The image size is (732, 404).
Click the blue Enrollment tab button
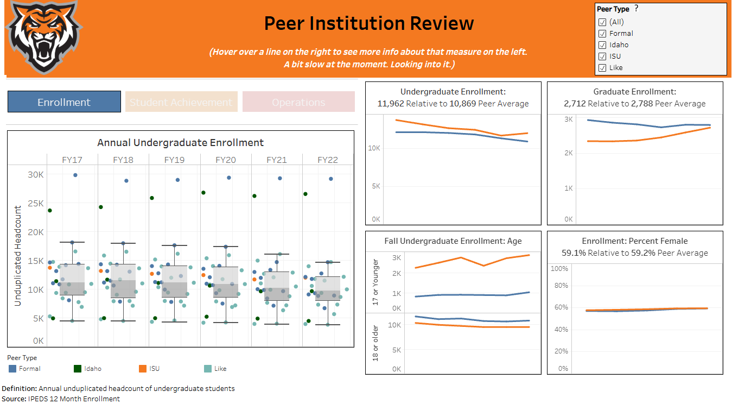pos(64,102)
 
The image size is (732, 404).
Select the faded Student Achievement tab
pos(181,102)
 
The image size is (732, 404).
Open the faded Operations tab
pos(298,102)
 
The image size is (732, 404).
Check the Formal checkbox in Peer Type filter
pos(602,34)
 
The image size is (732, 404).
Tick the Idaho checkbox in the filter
pos(602,45)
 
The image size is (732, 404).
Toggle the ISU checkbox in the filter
pos(602,56)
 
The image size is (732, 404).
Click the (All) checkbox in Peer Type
pos(602,22)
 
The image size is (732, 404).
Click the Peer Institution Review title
pos(368,23)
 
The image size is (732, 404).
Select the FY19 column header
pos(174,160)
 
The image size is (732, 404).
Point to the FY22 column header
pos(328,160)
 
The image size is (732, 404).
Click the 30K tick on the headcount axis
pos(36,174)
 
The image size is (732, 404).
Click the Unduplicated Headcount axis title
pos(18,256)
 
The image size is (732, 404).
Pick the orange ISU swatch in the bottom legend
pos(143,369)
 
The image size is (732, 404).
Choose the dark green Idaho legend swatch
pos(78,369)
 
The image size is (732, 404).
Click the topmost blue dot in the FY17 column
pos(75,175)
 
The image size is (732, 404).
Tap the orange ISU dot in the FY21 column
pos(254,280)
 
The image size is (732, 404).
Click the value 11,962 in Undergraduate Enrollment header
pos(391,104)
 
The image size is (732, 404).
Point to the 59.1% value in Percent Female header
pos(575,253)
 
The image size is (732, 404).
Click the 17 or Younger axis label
pos(375,282)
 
